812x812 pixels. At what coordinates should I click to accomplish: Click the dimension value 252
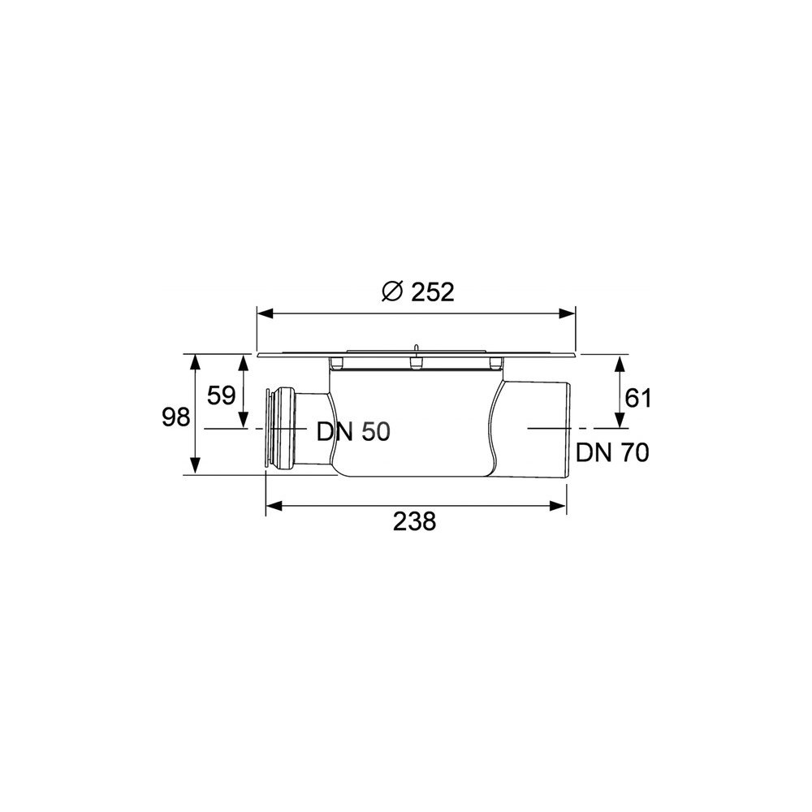pyautogui.click(x=433, y=292)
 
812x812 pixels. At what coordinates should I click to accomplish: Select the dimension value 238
pyautogui.click(x=414, y=521)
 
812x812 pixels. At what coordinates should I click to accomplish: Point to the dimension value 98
pyautogui.click(x=176, y=417)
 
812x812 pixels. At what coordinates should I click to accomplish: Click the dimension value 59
pyautogui.click(x=221, y=396)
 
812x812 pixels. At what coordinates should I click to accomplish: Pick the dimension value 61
pyautogui.click(x=638, y=398)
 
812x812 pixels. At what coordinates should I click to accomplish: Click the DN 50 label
pyautogui.click(x=354, y=431)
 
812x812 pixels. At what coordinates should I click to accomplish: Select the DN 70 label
pyautogui.click(x=612, y=452)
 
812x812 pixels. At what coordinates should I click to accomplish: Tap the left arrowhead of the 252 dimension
pyautogui.click(x=266, y=313)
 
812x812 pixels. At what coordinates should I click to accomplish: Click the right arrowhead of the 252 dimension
pyautogui.click(x=567, y=313)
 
